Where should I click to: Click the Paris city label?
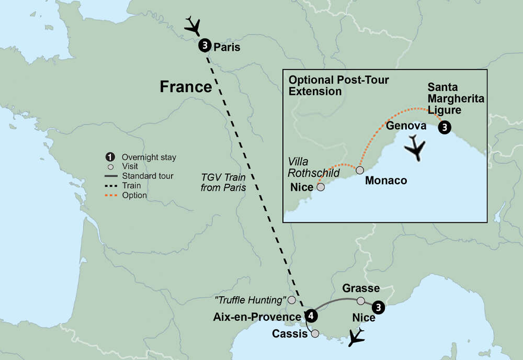pos(227,48)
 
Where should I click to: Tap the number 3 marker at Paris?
pos(204,46)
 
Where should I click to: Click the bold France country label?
pos(186,87)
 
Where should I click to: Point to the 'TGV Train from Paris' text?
pos(223,182)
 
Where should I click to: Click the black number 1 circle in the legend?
pos(110,157)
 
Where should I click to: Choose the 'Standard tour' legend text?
pos(147,176)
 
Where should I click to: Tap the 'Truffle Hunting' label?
pos(250,300)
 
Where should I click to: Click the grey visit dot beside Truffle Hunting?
pos(292,300)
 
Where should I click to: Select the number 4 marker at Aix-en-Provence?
pos(311,316)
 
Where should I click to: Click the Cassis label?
pos(290,334)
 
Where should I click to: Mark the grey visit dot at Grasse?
pos(360,301)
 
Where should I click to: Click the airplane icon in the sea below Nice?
pos(357,337)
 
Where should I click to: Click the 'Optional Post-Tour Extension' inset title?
pos(339,85)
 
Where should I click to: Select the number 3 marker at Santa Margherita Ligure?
pos(444,127)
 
